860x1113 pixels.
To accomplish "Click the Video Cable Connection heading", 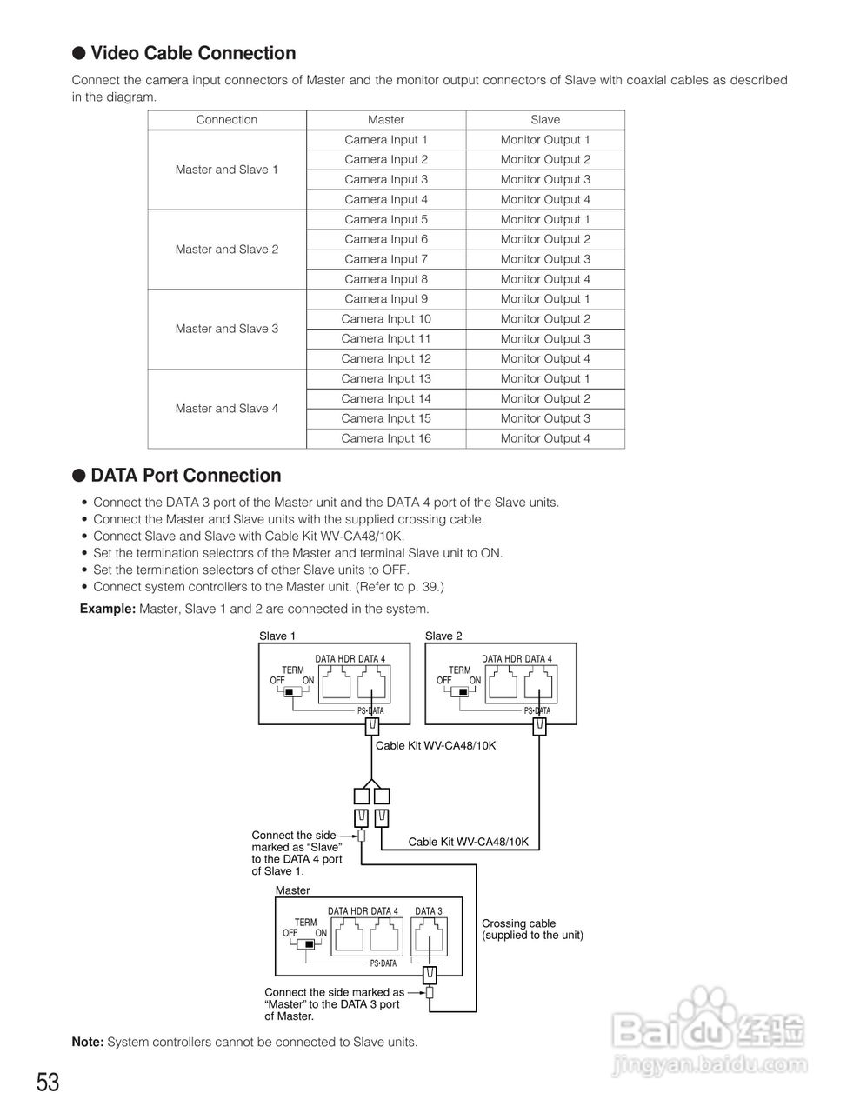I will [192, 54].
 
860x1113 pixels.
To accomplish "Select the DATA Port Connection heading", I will [185, 476].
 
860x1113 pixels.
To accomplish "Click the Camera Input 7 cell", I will [386, 259].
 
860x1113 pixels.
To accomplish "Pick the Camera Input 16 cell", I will [386, 438].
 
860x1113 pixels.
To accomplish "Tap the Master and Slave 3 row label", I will [227, 329].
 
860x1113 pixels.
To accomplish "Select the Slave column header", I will [545, 120].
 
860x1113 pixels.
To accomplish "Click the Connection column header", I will [227, 120].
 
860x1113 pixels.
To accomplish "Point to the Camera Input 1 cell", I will [386, 140].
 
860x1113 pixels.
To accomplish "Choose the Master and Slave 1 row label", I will [227, 170].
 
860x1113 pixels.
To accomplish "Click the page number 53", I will [48, 1083].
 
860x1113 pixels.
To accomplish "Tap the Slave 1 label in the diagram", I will [277, 636].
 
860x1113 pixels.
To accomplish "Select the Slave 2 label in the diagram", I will [443, 636].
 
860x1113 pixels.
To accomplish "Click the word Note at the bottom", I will [87, 1042].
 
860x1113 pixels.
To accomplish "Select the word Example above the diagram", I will [107, 609].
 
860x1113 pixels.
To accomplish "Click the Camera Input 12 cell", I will [386, 359].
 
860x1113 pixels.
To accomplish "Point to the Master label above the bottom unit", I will [292, 890].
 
